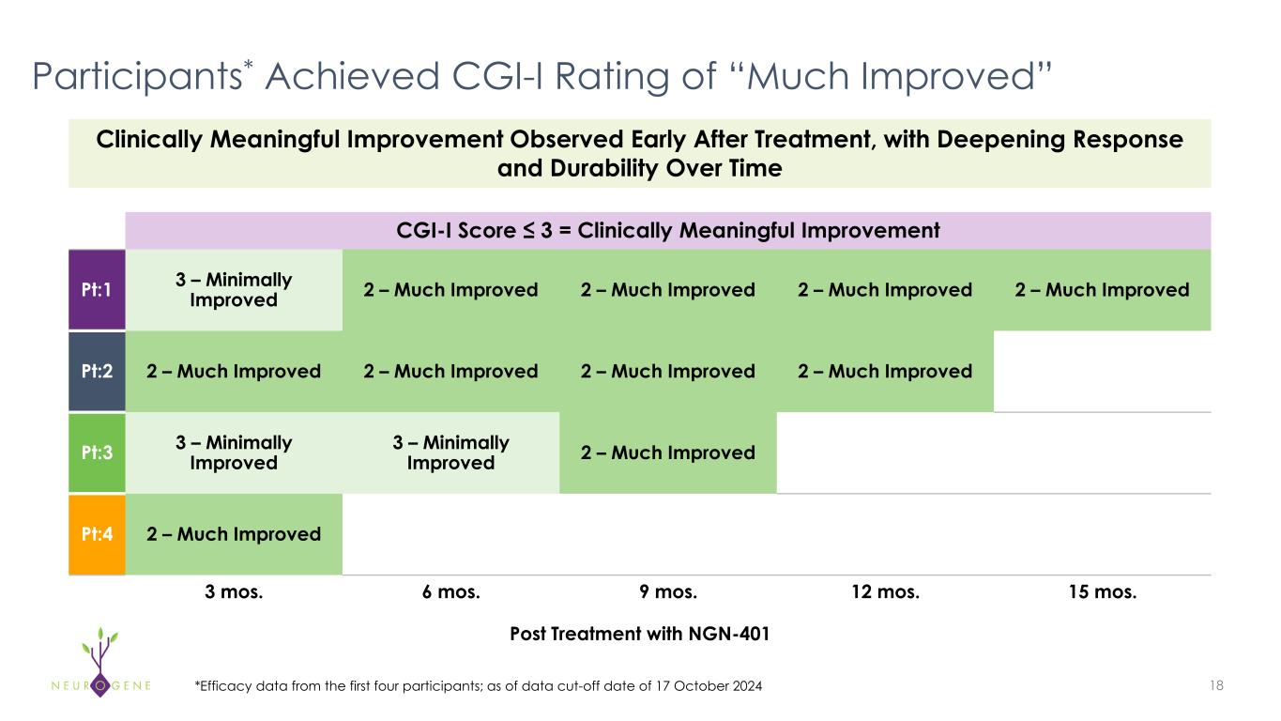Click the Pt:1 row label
pyautogui.click(x=97, y=289)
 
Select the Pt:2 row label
pyautogui.click(x=97, y=371)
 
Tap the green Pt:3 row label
pyautogui.click(x=97, y=453)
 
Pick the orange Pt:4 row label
pyautogui.click(x=97, y=534)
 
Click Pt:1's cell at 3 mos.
pyautogui.click(x=234, y=289)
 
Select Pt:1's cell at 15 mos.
pyautogui.click(x=1102, y=289)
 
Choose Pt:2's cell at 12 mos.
pyautogui.click(x=885, y=371)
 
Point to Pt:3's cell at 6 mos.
pyautogui.click(x=451, y=453)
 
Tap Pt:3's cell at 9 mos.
pyautogui.click(x=668, y=453)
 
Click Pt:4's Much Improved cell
pyautogui.click(x=234, y=534)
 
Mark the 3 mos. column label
pyautogui.click(x=234, y=592)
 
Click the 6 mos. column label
pyautogui.click(x=451, y=592)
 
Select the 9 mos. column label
pyautogui.click(x=668, y=592)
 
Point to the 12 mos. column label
pyautogui.click(x=885, y=592)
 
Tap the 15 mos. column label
pyautogui.click(x=1102, y=592)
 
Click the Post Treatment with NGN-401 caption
pyautogui.click(x=639, y=635)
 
